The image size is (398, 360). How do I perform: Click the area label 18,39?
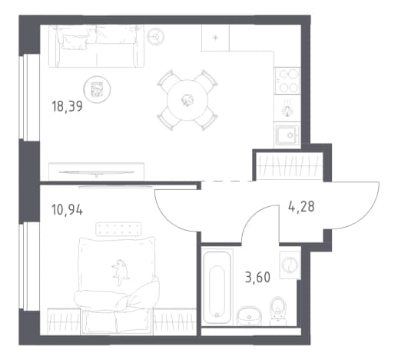67,106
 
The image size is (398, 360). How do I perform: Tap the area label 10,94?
67,209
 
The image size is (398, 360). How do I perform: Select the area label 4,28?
301,206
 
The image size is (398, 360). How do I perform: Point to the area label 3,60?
257,277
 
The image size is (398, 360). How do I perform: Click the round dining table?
187,100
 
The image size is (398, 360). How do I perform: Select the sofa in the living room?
96,46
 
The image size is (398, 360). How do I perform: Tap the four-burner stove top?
287,81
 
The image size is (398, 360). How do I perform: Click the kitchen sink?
287,135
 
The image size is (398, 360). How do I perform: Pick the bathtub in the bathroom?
217,287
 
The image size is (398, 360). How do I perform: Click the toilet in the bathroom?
278,311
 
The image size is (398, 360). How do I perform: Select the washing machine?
290,265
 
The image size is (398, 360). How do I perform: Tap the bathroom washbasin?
249,315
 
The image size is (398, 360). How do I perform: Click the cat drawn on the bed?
120,272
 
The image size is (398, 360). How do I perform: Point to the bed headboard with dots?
118,229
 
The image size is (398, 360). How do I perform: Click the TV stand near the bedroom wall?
96,172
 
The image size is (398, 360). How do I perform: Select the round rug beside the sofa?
97,90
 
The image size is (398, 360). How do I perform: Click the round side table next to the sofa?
155,36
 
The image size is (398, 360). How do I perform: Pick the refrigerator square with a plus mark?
215,38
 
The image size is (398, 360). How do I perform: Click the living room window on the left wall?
29,98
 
